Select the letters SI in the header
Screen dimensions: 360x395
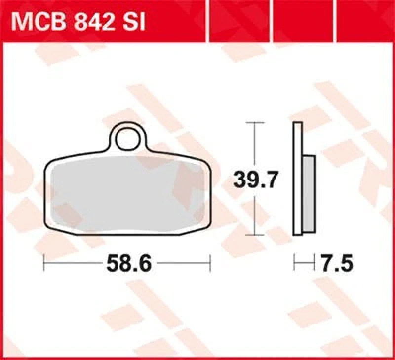[x=134, y=23]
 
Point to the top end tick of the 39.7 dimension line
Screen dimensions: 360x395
[x=254, y=122]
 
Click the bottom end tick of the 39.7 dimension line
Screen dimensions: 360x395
[x=254, y=234]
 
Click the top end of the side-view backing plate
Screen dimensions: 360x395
[x=297, y=124]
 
